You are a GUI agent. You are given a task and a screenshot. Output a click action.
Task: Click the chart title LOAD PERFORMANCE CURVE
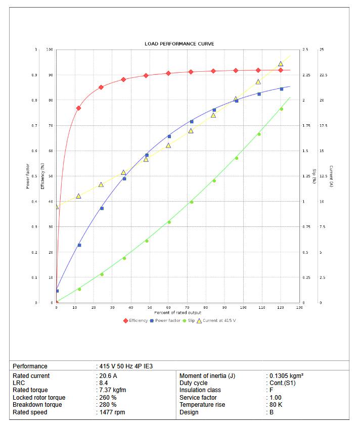[179, 44]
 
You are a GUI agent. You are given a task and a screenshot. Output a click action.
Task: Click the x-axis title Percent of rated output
[177, 313]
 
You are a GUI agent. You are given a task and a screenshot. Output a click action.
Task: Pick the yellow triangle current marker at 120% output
[281, 64]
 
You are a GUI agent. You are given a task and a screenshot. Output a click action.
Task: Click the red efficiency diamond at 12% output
[78, 108]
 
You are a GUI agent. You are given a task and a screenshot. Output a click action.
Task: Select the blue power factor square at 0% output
[57, 291]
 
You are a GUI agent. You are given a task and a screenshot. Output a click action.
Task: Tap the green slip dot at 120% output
[281, 109]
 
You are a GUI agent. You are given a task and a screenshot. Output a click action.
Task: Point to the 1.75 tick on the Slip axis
[305, 125]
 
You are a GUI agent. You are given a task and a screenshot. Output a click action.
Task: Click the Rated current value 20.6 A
[108, 376]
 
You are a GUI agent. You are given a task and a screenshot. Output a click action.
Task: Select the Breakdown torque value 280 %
[108, 405]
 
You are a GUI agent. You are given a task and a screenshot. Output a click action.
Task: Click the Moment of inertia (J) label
[207, 376]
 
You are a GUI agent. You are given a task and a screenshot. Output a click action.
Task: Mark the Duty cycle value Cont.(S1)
[283, 383]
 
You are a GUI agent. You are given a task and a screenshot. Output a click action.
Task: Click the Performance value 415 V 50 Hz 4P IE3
[124, 366]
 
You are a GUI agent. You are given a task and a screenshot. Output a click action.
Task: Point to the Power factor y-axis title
[28, 176]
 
